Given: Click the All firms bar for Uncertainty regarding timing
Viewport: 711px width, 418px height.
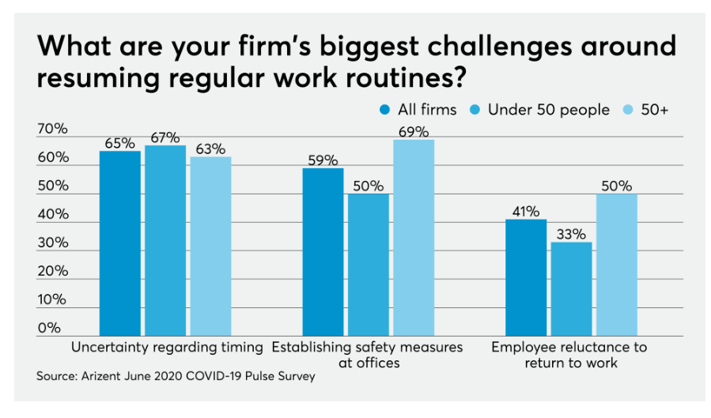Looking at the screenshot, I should click(x=119, y=243).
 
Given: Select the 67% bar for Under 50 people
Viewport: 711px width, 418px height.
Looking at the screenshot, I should click(x=165, y=241).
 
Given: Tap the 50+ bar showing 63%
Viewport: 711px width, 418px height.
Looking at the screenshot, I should click(x=210, y=247).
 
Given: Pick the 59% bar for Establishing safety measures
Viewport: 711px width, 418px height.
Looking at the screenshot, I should click(x=323, y=252).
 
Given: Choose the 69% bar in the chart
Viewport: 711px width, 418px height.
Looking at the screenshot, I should click(x=414, y=238).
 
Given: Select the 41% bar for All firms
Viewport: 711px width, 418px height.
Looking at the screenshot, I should click(x=526, y=277).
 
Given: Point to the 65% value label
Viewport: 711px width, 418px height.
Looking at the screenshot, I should click(x=119, y=143).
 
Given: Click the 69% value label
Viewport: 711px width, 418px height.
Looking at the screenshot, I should click(x=414, y=131).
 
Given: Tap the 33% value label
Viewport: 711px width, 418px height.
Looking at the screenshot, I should click(x=571, y=234).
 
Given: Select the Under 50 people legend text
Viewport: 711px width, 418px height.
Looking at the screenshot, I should click(x=548, y=110).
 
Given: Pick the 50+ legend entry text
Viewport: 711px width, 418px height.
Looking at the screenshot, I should click(x=654, y=110).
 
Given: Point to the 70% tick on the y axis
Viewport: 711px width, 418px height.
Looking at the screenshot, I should click(x=52, y=129).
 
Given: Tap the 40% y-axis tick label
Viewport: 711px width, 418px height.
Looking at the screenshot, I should click(x=52, y=214).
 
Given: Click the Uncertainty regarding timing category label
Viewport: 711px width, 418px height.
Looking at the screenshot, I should click(x=166, y=347).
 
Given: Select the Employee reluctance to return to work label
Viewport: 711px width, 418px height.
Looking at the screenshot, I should click(x=569, y=355).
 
